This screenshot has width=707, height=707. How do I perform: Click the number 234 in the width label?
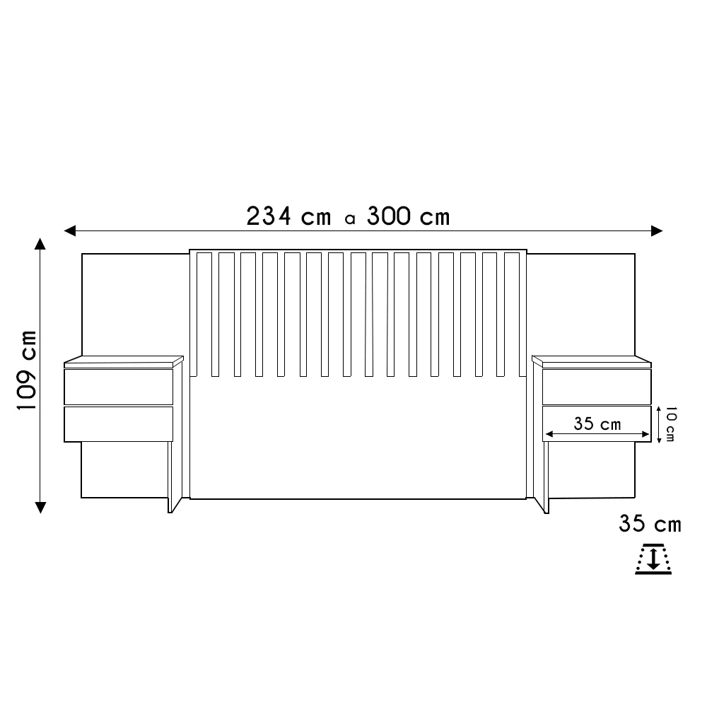coord(269,216)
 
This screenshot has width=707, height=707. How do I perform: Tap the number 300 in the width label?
coord(389,216)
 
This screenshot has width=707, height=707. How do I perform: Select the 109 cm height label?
coord(27,370)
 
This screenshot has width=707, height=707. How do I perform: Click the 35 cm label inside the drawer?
coord(597,423)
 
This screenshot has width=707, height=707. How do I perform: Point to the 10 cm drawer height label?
coord(670,423)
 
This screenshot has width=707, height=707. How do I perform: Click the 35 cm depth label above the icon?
coord(650,524)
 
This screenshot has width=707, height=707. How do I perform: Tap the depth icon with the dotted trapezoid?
coord(653,559)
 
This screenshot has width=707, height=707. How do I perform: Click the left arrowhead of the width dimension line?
coord(70,231)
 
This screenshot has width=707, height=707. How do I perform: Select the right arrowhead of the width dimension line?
coord(657,231)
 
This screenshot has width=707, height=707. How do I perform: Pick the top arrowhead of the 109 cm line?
coord(40,244)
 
